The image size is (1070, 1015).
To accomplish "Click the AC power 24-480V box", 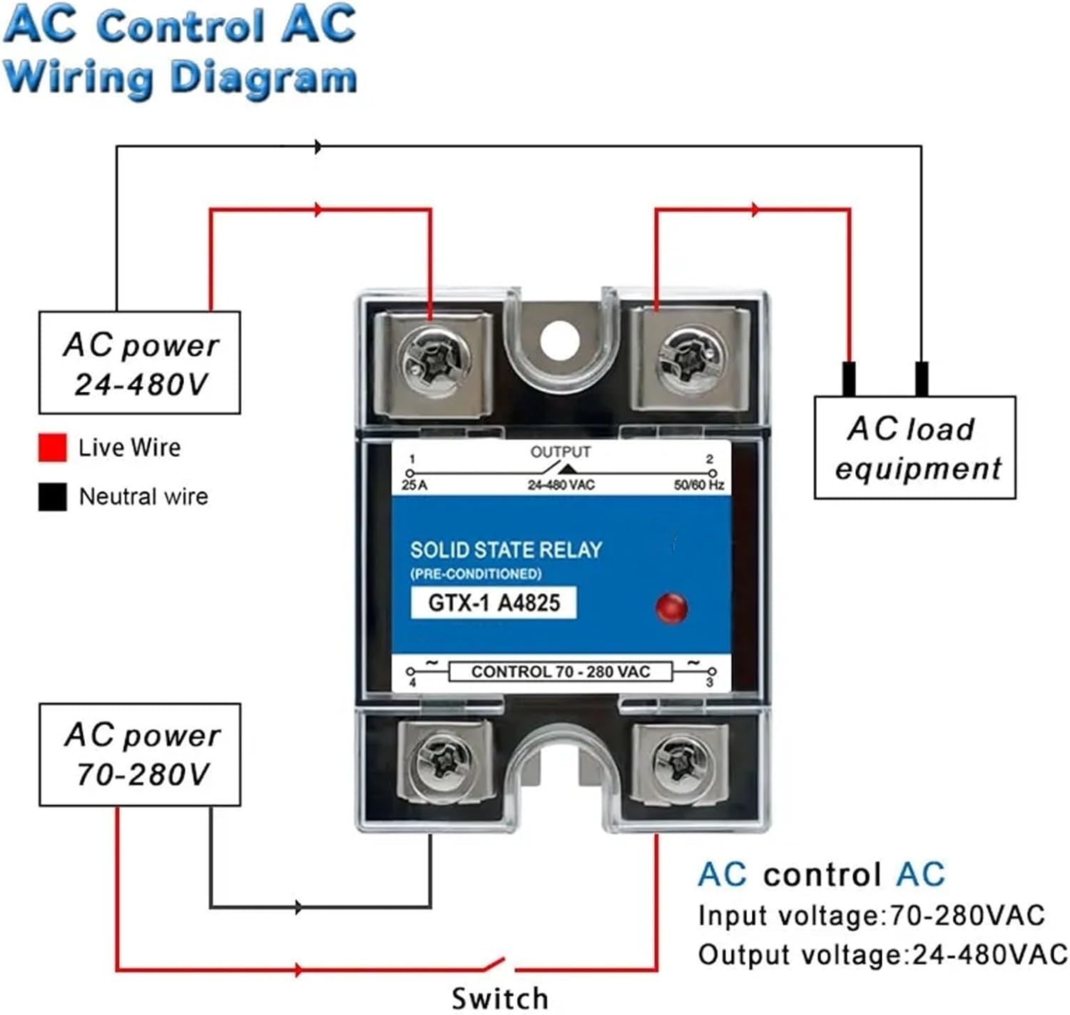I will tap(140, 363).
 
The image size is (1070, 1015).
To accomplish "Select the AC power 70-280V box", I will tap(140, 754).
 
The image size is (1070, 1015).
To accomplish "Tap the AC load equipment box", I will tap(914, 448).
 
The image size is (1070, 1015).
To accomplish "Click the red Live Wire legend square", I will tap(53, 448).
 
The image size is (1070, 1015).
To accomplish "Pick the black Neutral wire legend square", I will tap(53, 497).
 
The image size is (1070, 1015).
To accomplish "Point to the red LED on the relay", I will tap(671, 607).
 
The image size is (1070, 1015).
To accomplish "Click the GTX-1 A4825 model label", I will tap(494, 603).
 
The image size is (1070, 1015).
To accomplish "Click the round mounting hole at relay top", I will tap(560, 340).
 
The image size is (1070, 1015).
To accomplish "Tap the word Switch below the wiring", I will tap(499, 998).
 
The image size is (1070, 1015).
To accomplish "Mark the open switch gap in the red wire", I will tap(499, 965).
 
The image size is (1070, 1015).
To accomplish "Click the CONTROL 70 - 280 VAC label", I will tap(561, 672).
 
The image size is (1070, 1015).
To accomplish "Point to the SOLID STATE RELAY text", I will tap(506, 550).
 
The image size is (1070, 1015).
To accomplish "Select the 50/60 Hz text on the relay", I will tap(698, 485).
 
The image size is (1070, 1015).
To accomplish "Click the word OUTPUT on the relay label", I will tap(561, 452).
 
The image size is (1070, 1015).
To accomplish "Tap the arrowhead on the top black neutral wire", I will tap(318, 147).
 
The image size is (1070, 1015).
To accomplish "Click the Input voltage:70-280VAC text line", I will tap(871, 916).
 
